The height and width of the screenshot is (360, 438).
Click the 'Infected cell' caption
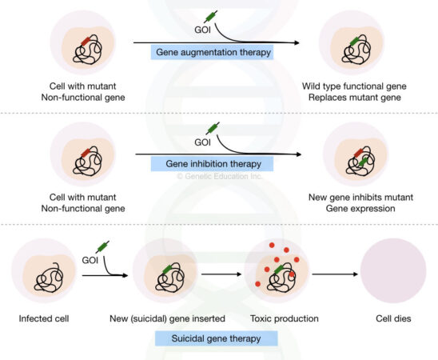pyautogui.click(x=46, y=318)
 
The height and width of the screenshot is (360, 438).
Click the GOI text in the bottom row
pyautogui.click(x=91, y=261)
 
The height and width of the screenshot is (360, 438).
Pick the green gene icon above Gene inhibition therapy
pyautogui.click(x=212, y=128)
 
